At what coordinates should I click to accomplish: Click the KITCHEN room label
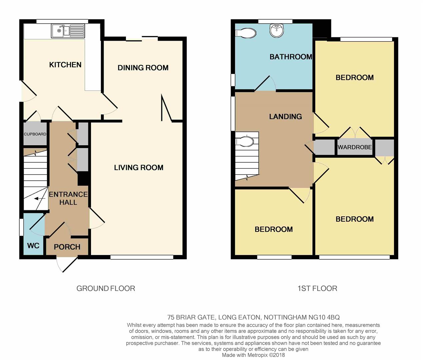point(65,65)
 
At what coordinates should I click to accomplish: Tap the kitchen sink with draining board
point(68,31)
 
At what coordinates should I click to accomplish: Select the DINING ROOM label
point(143,68)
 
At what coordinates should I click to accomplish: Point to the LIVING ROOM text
point(139,168)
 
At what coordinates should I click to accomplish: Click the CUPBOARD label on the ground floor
point(35,134)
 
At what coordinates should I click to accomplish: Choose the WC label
point(33,246)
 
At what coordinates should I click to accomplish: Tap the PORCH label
point(67,247)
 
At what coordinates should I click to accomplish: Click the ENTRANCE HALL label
point(68,198)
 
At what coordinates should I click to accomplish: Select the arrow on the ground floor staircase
point(40,198)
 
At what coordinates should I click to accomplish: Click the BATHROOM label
point(291,57)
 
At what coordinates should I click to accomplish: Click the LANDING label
point(285,117)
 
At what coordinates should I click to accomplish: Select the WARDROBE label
point(355,147)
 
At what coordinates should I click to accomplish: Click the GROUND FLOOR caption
point(106,289)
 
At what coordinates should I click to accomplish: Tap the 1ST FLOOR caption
point(317,289)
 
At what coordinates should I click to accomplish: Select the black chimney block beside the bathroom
point(322,29)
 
